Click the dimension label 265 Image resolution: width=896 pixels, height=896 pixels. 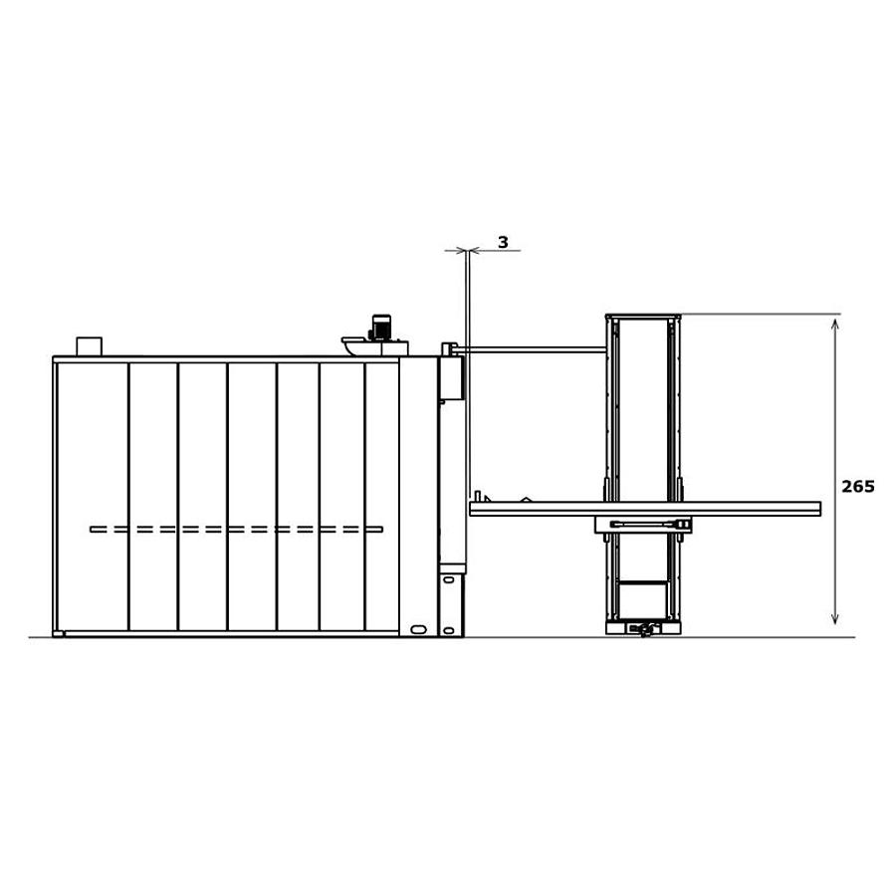tap(857, 487)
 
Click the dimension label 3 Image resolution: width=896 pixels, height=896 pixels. tap(503, 243)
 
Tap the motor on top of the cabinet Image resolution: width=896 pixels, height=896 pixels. tap(381, 328)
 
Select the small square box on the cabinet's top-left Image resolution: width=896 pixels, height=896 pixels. tap(89, 346)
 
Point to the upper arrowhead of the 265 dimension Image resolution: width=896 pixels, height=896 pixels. tap(834, 324)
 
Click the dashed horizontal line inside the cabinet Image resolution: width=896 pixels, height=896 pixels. tap(236, 530)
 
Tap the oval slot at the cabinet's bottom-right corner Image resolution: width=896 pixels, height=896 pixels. tap(418, 629)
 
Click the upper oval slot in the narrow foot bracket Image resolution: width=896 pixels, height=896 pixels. tap(449, 579)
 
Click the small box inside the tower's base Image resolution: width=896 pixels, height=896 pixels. tap(642, 600)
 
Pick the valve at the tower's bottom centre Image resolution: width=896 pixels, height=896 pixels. tap(644, 628)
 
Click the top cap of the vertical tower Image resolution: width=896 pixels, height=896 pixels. tap(643, 317)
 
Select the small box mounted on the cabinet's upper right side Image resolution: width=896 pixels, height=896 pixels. tap(451, 378)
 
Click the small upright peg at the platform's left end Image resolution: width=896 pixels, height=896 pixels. tap(478, 496)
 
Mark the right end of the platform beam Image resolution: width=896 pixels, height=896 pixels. tap(817, 509)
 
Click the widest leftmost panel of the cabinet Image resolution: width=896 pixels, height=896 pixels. tap(93, 496)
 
